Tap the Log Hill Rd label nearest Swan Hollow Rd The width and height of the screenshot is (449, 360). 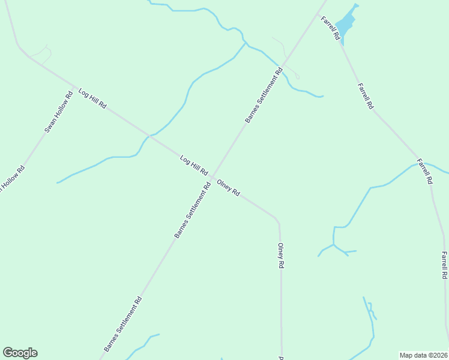[x=92, y=98]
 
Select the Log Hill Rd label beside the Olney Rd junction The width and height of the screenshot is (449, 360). [x=194, y=165]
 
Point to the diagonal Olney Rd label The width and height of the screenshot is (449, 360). [x=228, y=188]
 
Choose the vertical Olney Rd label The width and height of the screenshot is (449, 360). [x=280, y=256]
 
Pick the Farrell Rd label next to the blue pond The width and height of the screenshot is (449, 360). [x=331, y=28]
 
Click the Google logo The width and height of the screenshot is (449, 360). [x=20, y=353]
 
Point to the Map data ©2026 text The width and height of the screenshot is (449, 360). [x=423, y=355]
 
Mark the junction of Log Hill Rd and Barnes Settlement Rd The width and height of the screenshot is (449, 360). [x=212, y=176]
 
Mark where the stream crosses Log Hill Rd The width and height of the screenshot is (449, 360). [x=149, y=136]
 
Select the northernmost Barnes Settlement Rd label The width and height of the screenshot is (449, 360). [x=264, y=96]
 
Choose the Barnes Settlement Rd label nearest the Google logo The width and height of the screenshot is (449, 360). [x=122, y=324]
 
